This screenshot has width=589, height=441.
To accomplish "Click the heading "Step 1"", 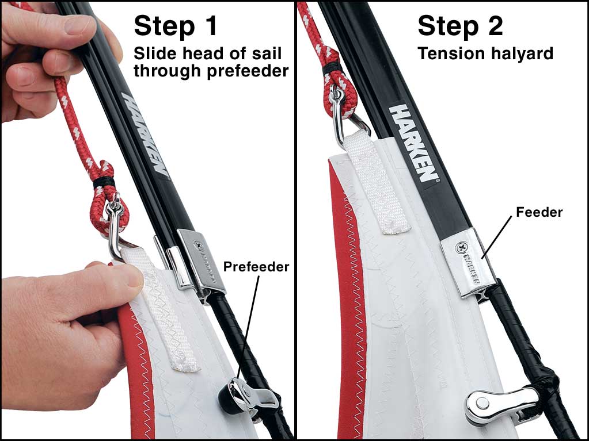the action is coord(176,26).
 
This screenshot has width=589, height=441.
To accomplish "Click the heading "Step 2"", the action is coord(460,26).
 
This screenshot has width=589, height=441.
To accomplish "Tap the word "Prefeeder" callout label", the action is coord(256,267).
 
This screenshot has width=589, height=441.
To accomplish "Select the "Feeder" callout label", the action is coord(539,212).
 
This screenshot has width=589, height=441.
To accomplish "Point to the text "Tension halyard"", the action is coord(485,53).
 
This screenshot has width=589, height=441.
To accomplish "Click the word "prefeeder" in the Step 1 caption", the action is coord(248,71).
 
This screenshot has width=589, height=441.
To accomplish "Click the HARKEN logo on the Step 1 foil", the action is coord(145,135).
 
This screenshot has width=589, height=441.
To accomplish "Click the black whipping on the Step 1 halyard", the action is coord(104,182).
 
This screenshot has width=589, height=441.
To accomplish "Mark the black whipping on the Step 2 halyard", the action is coord(332,68).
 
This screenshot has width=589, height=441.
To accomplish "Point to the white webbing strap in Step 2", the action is coord(375,184).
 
